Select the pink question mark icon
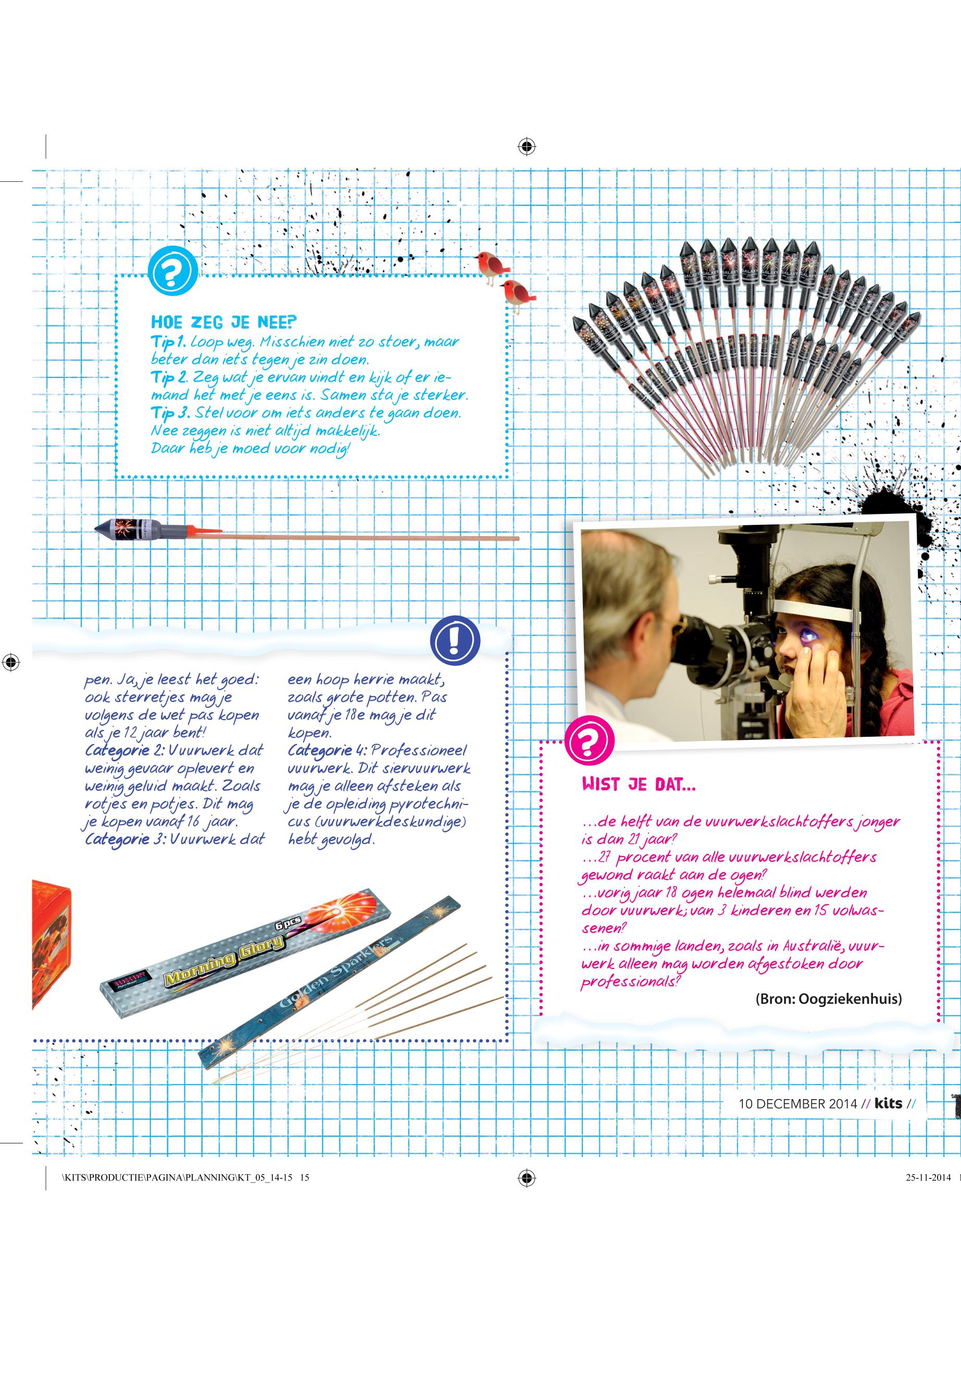click(590, 738)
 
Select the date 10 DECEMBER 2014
click(797, 1104)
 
